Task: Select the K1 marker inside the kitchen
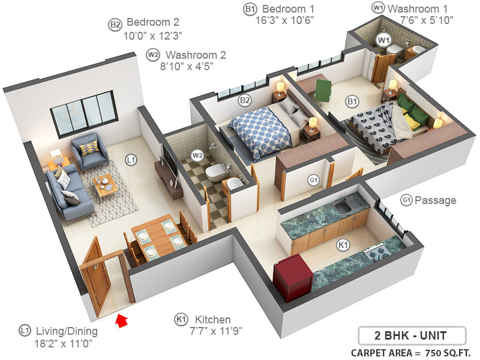coord(343,245)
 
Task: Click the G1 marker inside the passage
coord(313,179)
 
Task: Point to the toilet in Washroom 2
coord(214,173)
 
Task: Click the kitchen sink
coord(344,208)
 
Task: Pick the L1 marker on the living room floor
coord(131,160)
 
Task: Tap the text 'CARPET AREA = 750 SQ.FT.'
coord(411,352)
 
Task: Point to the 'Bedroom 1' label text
coord(288,9)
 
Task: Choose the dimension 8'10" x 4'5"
coord(187,67)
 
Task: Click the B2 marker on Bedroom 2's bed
coord(245,100)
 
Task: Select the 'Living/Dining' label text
coord(67,331)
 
